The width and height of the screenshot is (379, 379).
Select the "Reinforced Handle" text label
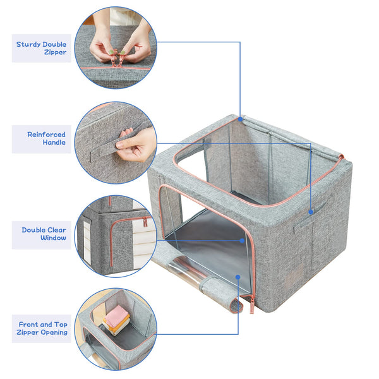45,138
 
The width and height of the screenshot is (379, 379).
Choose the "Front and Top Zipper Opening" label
43,328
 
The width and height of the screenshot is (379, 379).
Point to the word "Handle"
54,143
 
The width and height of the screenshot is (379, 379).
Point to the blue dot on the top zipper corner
240,118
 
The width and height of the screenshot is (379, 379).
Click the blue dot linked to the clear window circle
241,240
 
